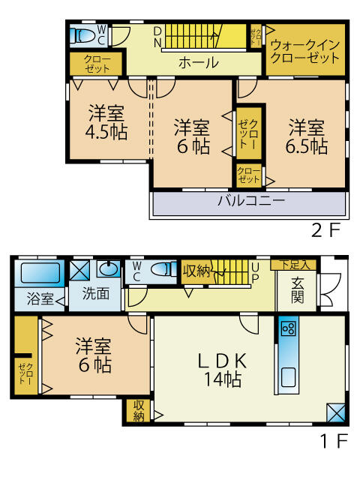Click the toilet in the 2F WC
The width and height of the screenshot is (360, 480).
pyautogui.click(x=82, y=35)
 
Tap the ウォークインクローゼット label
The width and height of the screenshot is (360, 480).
pyautogui.click(x=305, y=52)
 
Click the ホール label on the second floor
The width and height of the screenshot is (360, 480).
pyautogui.click(x=199, y=63)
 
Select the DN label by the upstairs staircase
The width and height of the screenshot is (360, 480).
pyautogui.click(x=157, y=37)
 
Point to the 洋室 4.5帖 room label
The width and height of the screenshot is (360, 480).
pyautogui.click(x=106, y=122)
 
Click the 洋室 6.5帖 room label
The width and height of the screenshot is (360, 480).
pyautogui.click(x=307, y=136)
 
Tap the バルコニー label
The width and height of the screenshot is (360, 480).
pyautogui.click(x=251, y=201)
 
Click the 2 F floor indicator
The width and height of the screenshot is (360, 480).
pyautogui.click(x=326, y=230)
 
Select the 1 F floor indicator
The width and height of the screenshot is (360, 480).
pyautogui.click(x=334, y=441)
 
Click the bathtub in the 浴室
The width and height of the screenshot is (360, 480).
pyautogui.click(x=40, y=273)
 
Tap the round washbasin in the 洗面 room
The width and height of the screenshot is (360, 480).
pyautogui.click(x=108, y=269)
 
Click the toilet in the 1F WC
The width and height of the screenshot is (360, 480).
pyautogui.click(x=163, y=270)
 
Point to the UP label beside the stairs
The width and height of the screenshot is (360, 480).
pyautogui.click(x=255, y=271)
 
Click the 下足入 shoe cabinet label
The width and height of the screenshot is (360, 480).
pyautogui.click(x=293, y=265)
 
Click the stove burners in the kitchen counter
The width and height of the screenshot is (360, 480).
pyautogui.click(x=289, y=328)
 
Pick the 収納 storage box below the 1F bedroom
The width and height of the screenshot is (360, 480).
pyautogui.click(x=139, y=411)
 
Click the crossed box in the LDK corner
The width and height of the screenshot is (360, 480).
pyautogui.click(x=335, y=413)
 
